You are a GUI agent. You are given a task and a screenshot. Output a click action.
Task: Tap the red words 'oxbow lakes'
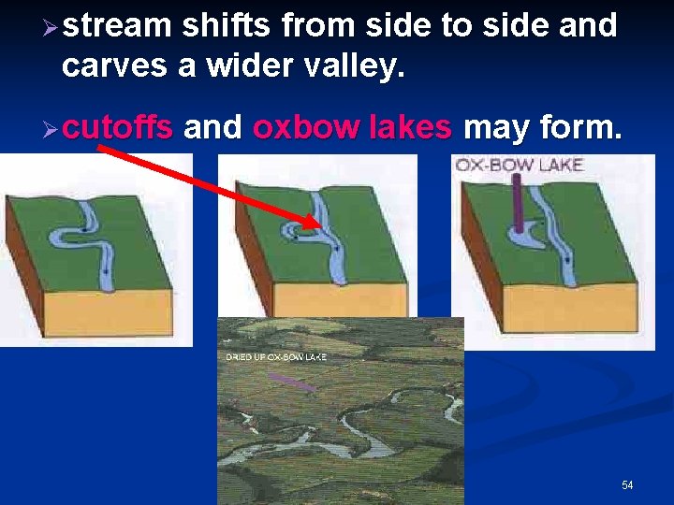pyautogui.click(x=352, y=127)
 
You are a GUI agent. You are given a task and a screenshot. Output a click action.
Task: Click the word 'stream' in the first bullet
pyautogui.click(x=119, y=26)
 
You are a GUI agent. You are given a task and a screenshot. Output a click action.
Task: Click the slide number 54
pyautogui.click(x=627, y=485)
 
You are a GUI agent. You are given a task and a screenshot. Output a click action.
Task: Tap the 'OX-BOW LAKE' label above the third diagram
pyautogui.click(x=519, y=166)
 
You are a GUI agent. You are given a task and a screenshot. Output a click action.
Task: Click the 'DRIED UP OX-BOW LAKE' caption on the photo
pyautogui.click(x=276, y=358)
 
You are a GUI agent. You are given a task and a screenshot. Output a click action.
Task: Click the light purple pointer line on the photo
pyautogui.click(x=292, y=382)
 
